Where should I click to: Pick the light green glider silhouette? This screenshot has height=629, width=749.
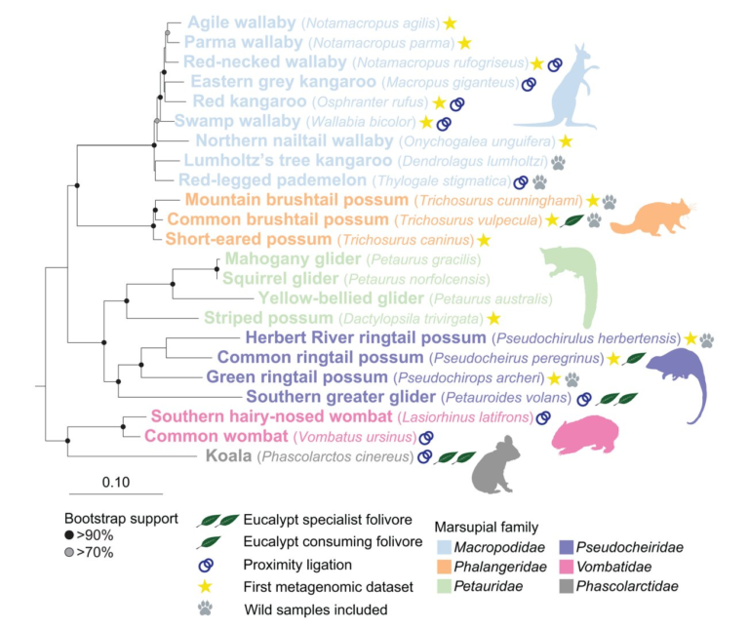pyautogui.click(x=576, y=284)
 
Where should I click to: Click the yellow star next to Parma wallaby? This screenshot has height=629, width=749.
pyautogui.click(x=465, y=43)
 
